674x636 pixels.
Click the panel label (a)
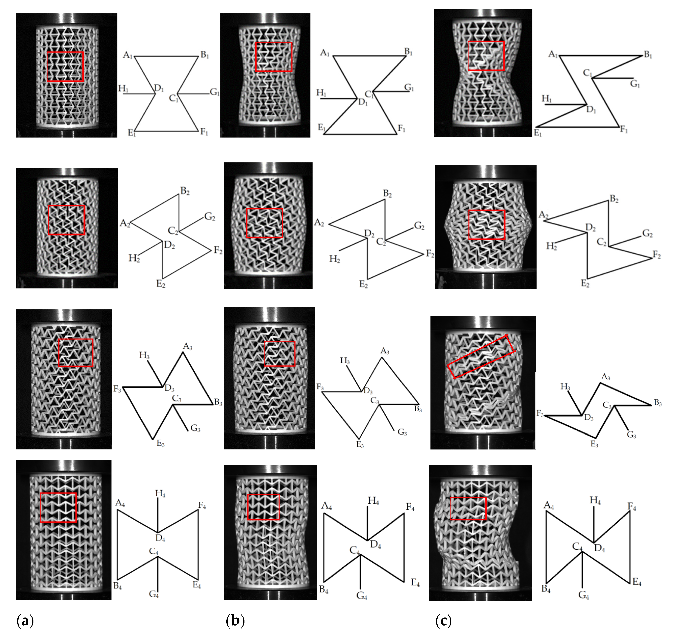pos(25,621)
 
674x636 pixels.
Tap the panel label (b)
pos(235,621)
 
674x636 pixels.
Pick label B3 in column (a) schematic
pos(218,403)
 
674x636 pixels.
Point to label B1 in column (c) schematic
pos(648,55)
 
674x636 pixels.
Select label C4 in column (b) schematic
pos(355,550)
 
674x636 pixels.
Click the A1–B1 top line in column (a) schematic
pos(166,56)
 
